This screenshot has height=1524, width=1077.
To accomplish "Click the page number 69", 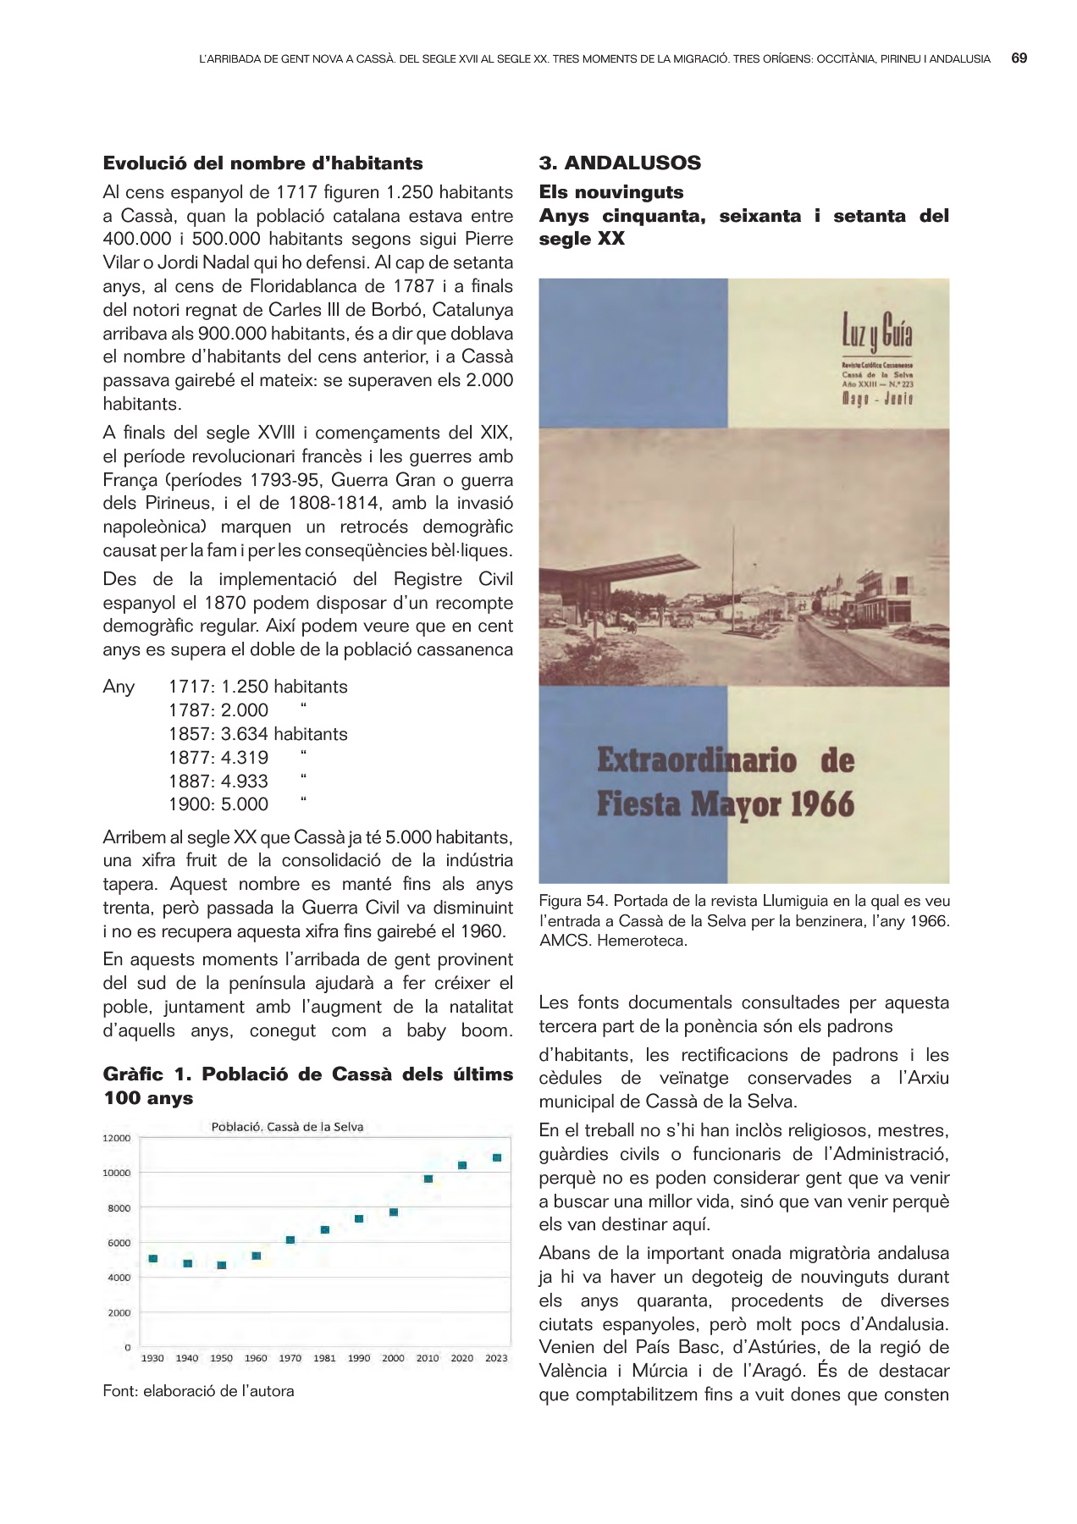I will [1019, 58].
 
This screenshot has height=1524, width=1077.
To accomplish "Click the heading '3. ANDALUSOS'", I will [620, 163].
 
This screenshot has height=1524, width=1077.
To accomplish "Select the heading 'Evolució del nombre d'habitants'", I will [262, 163].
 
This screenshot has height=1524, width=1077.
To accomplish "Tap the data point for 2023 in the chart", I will [497, 1157].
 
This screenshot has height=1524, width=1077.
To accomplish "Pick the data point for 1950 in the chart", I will [222, 1265].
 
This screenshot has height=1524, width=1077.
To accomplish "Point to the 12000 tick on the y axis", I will [117, 1138].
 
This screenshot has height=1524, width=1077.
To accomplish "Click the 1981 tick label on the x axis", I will [324, 1358].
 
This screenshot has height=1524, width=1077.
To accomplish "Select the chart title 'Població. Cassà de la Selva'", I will [287, 1127].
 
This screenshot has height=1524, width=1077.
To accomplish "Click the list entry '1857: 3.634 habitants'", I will [257, 734].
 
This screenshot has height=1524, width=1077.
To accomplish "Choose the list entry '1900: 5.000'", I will [218, 804].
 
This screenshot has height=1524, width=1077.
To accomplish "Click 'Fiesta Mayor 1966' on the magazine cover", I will [725, 803].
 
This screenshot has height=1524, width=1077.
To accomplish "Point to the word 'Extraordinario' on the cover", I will [696, 759].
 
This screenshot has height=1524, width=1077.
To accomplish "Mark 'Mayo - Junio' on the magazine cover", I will [876, 399].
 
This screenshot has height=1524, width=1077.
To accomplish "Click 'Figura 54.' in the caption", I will [572, 901].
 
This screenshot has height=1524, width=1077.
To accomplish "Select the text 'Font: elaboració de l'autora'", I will [198, 1391].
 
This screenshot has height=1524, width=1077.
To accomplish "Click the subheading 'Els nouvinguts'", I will [610, 192].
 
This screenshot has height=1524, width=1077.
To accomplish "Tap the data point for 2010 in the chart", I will [428, 1179].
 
